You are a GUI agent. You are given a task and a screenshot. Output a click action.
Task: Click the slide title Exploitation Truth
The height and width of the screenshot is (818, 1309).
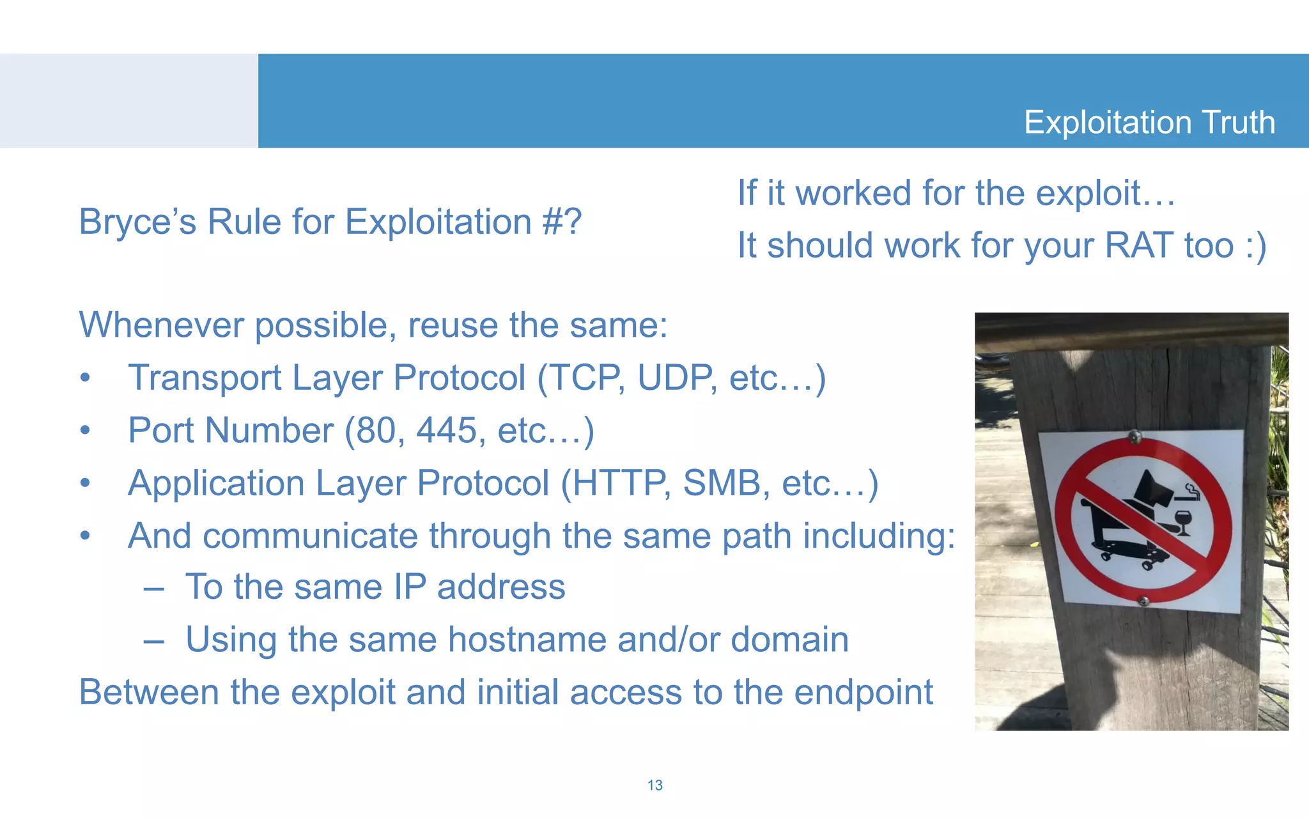1149,122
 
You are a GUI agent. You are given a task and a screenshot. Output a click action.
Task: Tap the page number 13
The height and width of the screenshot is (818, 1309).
654,785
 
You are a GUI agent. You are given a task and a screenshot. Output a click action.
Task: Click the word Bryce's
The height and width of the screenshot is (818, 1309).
137,222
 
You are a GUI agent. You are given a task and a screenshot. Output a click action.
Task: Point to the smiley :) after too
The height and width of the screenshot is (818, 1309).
1255,246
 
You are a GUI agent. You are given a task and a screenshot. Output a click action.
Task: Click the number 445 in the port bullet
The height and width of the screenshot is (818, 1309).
447,430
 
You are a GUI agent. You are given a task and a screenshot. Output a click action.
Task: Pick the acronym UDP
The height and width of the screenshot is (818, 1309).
675,378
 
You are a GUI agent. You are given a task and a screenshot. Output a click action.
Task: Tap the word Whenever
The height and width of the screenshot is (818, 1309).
161,325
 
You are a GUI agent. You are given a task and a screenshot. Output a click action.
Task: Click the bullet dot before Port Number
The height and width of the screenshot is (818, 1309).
85,431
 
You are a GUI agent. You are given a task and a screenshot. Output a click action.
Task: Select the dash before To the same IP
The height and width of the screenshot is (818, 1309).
154,588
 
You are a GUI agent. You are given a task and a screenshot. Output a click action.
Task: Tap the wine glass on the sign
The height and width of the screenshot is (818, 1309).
1183,522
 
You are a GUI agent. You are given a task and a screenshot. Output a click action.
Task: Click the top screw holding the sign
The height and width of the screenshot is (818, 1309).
1135,437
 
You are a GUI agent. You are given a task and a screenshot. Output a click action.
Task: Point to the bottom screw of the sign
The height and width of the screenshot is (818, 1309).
1143,600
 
